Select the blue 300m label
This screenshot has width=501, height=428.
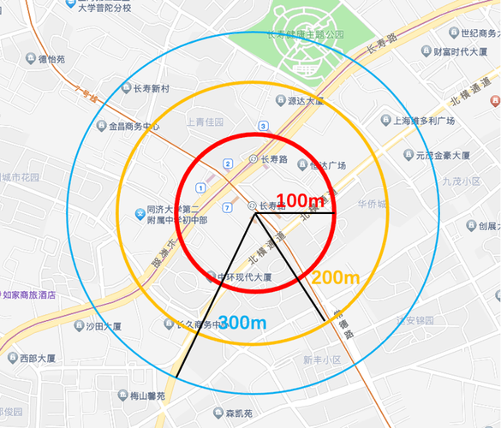tap(242, 323)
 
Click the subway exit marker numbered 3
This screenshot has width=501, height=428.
tap(261, 127)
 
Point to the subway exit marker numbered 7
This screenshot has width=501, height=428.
tap(226, 207)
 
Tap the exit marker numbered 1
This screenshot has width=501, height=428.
tap(200, 187)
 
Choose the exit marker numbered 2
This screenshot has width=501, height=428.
tap(227, 163)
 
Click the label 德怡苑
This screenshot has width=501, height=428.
tap(51, 60)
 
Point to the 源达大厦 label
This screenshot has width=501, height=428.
tap(305, 101)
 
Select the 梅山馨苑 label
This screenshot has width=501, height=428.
tap(146, 395)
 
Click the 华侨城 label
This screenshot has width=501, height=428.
tap(373, 205)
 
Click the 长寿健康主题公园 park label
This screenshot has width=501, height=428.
tap(303, 35)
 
